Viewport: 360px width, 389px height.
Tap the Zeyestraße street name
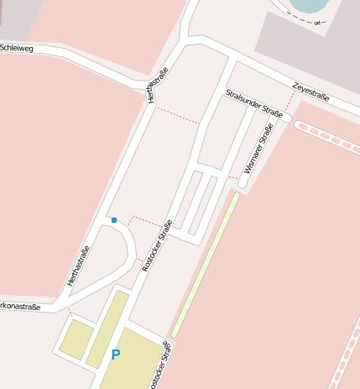(x=310, y=92)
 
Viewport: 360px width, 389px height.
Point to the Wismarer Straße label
(x=258, y=148)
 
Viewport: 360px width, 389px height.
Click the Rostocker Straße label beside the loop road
(x=158, y=244)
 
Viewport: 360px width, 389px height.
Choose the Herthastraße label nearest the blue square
(x=78, y=265)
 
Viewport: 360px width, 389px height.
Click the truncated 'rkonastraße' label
(x=19, y=307)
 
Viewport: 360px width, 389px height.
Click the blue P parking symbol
(x=116, y=355)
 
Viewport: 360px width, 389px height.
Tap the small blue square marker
(x=114, y=220)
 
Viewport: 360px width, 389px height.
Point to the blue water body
(x=307, y=6)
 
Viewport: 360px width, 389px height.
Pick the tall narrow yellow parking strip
(x=107, y=328)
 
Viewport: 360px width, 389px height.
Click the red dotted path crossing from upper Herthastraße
(x=177, y=115)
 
